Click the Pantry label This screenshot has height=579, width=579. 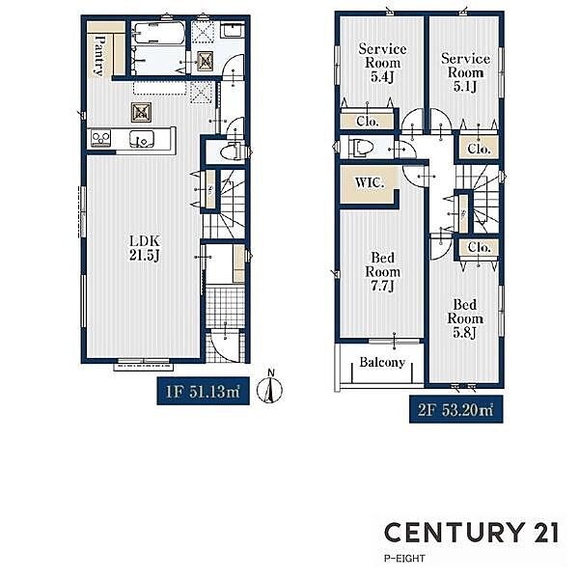pyautogui.click(x=99, y=55)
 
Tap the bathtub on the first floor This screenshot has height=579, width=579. pyautogui.click(x=159, y=34)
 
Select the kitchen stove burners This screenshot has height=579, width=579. pyautogui.click(x=100, y=138)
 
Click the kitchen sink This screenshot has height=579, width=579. pyautogui.click(x=142, y=139)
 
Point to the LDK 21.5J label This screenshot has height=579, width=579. pyautogui.click(x=145, y=248)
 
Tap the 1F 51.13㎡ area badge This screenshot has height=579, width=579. pyautogui.click(x=203, y=391)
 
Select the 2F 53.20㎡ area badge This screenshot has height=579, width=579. pyautogui.click(x=456, y=409)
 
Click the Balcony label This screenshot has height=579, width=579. pyautogui.click(x=382, y=362)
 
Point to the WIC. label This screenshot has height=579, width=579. pyautogui.click(x=370, y=182)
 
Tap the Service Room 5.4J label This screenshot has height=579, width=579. pyautogui.click(x=382, y=63)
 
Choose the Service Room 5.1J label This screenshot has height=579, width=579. pyautogui.click(x=465, y=72)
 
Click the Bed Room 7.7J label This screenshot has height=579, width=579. pyautogui.click(x=382, y=271)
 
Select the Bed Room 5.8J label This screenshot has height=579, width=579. pyautogui.click(x=465, y=318)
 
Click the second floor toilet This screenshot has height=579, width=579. pyautogui.click(x=360, y=148)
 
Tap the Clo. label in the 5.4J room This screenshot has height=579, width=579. pyautogui.click(x=368, y=122)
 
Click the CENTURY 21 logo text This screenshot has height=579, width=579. pyautogui.click(x=472, y=532)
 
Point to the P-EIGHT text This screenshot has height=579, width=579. pyautogui.click(x=404, y=559)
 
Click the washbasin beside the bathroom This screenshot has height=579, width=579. pyautogui.click(x=233, y=29)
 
